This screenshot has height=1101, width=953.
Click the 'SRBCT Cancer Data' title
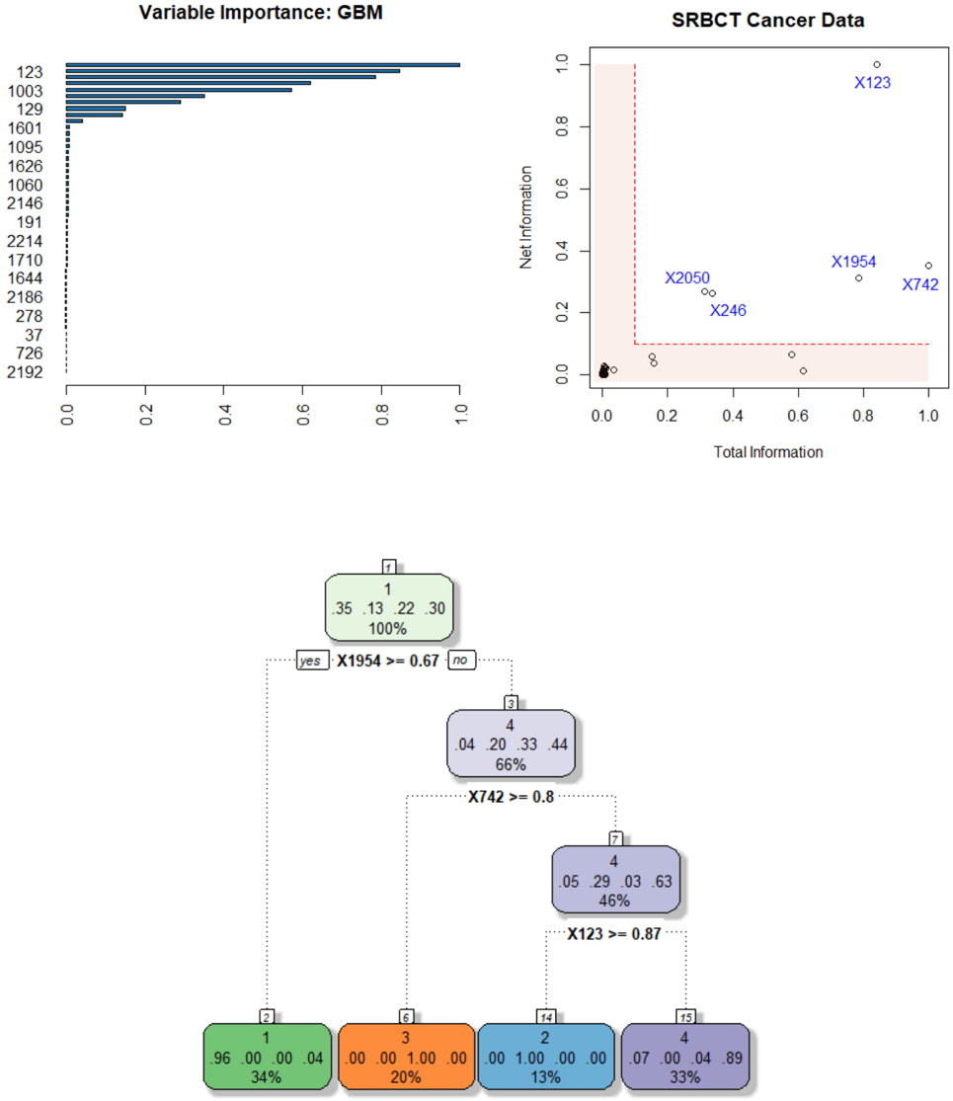tap(768, 20)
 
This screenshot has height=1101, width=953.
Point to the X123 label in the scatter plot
tap(872, 83)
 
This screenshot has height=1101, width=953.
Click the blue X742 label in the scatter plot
tap(919, 284)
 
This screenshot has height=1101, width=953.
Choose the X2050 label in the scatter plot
tap(687, 278)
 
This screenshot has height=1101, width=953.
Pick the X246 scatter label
tap(728, 310)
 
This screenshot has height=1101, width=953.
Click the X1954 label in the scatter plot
tap(853, 262)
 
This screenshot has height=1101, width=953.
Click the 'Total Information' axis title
tap(767, 452)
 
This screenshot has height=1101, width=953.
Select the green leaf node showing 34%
tap(266, 1057)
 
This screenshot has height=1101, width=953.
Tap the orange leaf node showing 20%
tap(406, 1057)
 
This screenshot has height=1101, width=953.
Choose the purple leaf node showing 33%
tap(685, 1057)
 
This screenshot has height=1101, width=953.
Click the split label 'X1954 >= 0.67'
tap(388, 661)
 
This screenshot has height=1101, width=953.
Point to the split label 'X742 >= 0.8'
tap(511, 797)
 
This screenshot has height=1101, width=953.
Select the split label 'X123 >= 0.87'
tap(614, 933)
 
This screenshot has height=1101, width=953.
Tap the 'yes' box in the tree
tap(310, 661)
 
